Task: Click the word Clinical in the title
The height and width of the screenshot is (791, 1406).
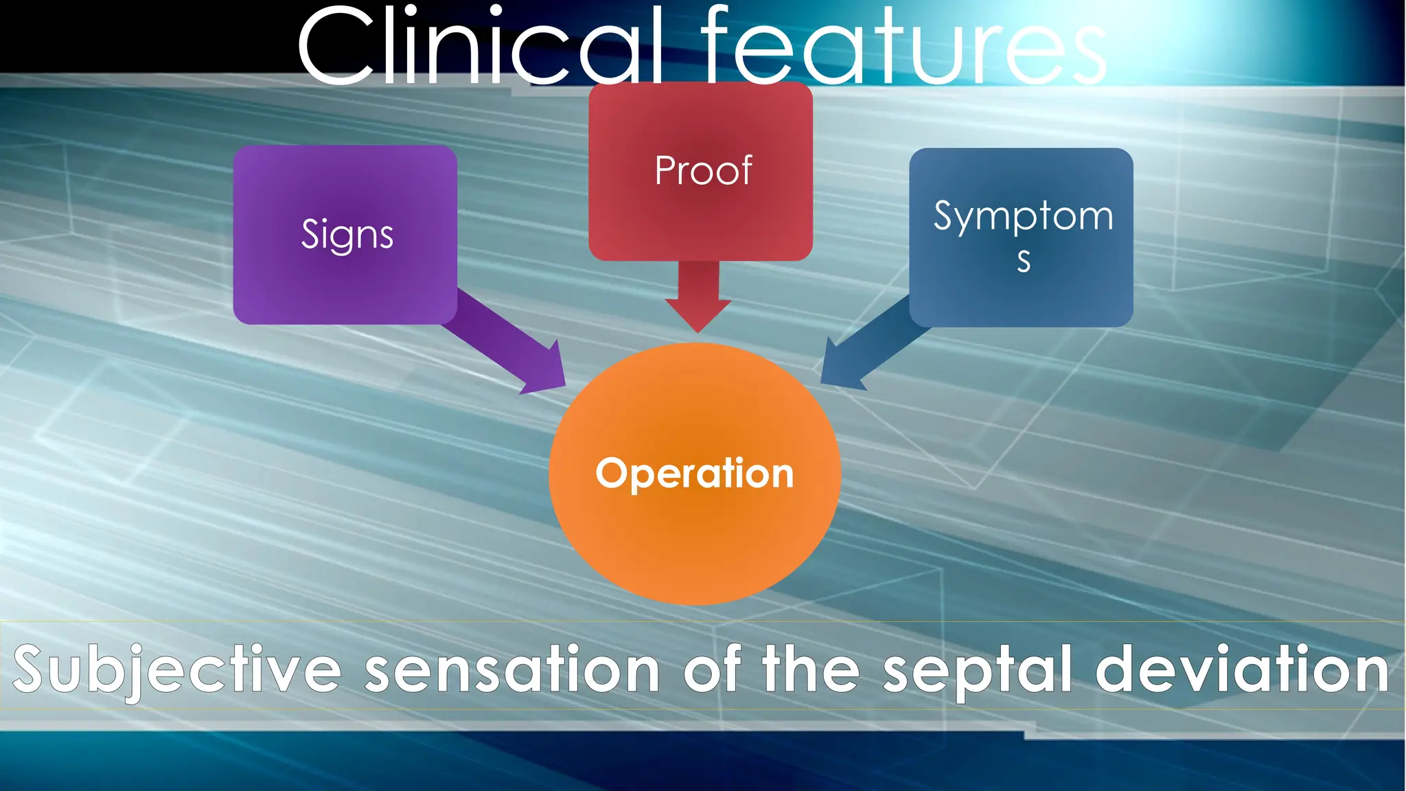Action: coord(481,47)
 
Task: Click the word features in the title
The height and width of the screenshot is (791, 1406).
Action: coord(903,47)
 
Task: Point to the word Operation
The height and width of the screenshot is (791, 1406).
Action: coord(695,473)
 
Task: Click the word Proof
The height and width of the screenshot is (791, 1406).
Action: coord(703,170)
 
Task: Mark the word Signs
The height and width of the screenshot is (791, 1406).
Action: coord(347,235)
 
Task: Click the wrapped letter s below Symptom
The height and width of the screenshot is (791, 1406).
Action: coord(1024,262)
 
